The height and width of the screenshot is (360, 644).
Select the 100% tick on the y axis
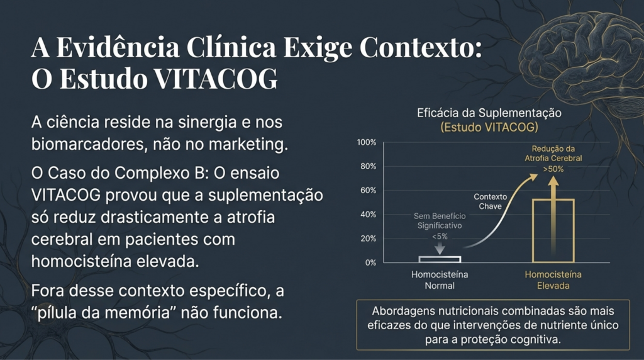[367, 142]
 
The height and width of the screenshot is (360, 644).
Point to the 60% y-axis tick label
[368, 190]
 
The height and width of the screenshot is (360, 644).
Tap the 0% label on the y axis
[370, 262]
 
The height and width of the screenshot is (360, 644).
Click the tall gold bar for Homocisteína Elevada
[553, 230]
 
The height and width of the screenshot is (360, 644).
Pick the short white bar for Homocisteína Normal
[440, 259]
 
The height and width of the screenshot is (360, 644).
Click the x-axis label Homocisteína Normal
[440, 280]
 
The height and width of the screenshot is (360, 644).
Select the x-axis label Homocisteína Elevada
[553, 280]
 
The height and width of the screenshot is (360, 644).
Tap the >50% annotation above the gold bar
[553, 169]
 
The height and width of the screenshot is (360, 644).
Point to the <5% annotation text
[440, 236]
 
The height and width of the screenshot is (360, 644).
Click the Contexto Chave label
[490, 201]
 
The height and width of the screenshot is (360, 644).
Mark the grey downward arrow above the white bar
[440, 248]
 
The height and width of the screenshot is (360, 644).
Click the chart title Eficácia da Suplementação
[489, 113]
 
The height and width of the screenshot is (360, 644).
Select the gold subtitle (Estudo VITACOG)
[489, 127]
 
